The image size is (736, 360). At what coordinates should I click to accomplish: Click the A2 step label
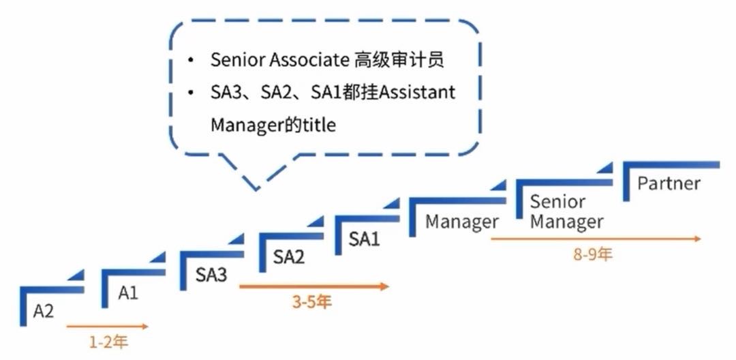pos(43,311)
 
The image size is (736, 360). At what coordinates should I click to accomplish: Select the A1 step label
pos(128,293)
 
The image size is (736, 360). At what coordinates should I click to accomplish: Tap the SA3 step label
pos(211,275)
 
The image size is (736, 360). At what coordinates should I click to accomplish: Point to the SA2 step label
pos(289,257)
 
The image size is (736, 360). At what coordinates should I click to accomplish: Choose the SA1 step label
pos(364,239)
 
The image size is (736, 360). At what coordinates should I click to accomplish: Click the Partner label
pos(669,183)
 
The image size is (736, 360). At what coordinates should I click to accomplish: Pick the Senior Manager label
pos(566,211)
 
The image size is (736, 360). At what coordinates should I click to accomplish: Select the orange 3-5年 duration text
pos(312,302)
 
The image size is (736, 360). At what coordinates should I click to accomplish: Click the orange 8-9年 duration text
pos(593,254)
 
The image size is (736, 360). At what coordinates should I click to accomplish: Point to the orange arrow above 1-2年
pos(108,326)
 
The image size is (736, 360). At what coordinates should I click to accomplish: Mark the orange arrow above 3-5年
pos(314,286)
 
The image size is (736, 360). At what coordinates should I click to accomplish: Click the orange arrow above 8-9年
pos(596,239)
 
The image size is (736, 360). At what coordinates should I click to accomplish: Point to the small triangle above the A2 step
pos(76,275)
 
